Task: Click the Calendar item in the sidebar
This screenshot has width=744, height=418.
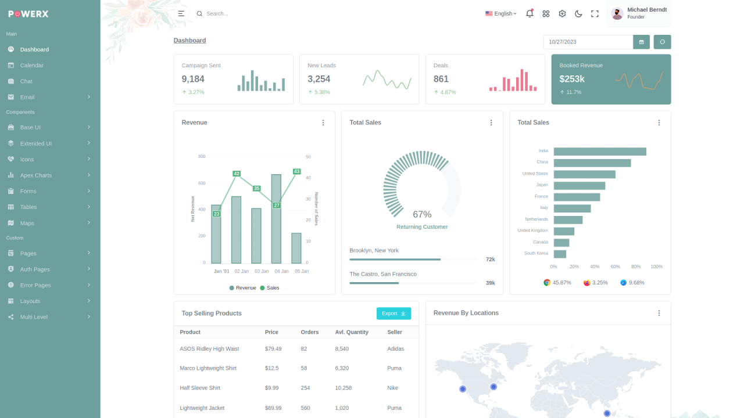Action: (31, 66)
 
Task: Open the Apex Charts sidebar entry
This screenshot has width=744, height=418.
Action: (35, 175)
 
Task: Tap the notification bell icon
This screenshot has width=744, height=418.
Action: (530, 14)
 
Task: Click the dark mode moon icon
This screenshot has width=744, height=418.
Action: (578, 14)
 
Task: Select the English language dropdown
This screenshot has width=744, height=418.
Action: (501, 14)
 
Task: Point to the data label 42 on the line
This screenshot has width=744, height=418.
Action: (237, 174)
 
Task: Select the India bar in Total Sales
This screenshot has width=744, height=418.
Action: (600, 152)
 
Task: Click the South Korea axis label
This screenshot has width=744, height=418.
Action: (536, 254)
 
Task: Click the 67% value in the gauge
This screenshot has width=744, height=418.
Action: (422, 214)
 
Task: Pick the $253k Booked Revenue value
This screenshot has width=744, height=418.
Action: (572, 79)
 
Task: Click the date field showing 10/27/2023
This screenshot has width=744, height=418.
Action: (588, 42)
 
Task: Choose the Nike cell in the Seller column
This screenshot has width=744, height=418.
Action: (393, 388)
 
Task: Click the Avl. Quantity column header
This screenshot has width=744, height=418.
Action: (352, 332)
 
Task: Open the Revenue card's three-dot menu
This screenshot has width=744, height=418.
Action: (323, 122)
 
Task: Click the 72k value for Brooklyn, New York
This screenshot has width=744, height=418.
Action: (490, 260)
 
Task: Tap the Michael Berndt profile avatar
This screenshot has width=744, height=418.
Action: (617, 13)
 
